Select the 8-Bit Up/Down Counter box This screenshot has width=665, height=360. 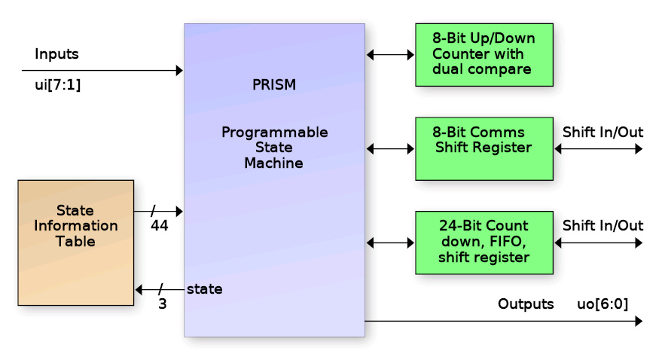coord(484,54)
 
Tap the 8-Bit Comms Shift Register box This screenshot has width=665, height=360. coord(484,148)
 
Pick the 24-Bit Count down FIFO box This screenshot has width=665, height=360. coord(484,243)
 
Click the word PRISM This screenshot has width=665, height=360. coord(274,85)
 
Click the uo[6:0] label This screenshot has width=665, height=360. coord(602,304)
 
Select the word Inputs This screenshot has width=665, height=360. coord(56,54)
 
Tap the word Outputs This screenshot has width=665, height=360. coord(526,304)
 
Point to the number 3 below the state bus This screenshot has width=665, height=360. coord(162,305)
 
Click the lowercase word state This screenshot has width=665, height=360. coord(204,288)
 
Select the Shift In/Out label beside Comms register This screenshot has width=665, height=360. coord(602,133)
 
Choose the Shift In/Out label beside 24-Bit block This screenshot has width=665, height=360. coord(602,226)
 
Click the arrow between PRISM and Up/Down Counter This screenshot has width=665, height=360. coord(390,54)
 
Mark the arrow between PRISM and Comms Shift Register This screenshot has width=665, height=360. coord(390,149)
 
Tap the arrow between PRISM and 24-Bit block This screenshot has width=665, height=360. coord(390,243)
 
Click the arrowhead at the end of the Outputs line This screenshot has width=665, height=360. coord(639,322)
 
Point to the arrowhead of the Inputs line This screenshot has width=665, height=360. coord(179,71)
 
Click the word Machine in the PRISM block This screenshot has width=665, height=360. coord(273,163)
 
